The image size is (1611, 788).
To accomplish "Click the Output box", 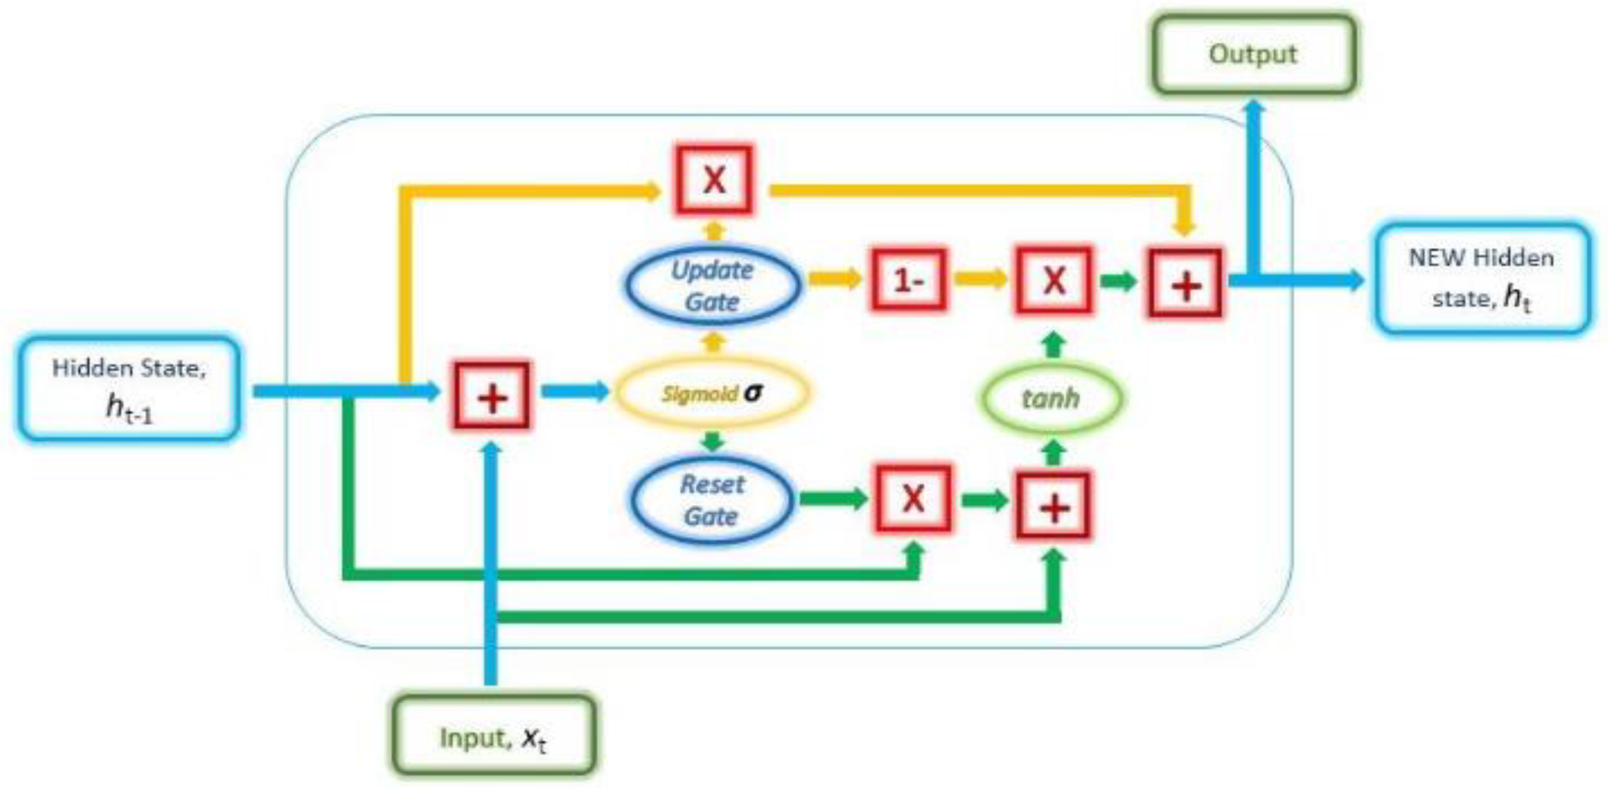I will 1254,55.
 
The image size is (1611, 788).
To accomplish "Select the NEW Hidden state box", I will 1481,278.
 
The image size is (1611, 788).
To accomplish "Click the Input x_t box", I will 493,737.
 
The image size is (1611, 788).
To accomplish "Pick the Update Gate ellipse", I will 712,285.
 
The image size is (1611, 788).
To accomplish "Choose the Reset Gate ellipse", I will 712,500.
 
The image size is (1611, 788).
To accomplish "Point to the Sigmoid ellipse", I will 712,393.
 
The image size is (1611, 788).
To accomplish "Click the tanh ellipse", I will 1050,398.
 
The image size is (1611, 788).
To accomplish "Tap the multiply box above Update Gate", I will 713,180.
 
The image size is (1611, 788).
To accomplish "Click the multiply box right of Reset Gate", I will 913,499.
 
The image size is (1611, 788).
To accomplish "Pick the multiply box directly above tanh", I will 1054,279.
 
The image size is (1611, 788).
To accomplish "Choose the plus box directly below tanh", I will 1054,506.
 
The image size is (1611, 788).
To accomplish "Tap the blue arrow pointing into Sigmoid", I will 574,392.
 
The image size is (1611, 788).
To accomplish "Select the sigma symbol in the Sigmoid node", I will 753,392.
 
